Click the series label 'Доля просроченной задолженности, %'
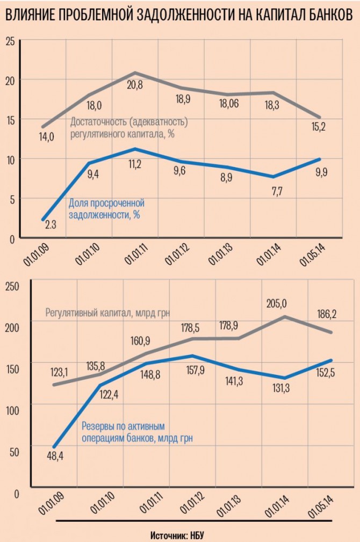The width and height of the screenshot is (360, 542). click(106, 209)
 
